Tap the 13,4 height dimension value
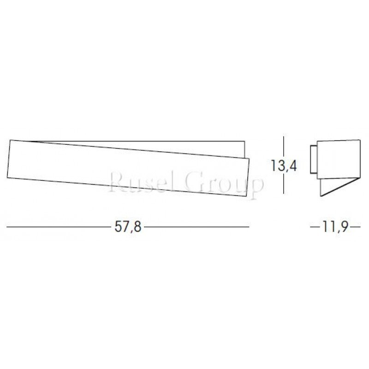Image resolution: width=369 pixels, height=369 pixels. click(x=283, y=165)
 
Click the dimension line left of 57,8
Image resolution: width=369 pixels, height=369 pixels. click(x=60, y=227)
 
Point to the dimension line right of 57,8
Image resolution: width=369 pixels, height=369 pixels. click(x=196, y=227)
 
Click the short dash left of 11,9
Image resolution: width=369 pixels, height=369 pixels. click(x=315, y=227)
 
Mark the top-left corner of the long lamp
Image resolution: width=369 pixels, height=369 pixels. click(x=10, y=138)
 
